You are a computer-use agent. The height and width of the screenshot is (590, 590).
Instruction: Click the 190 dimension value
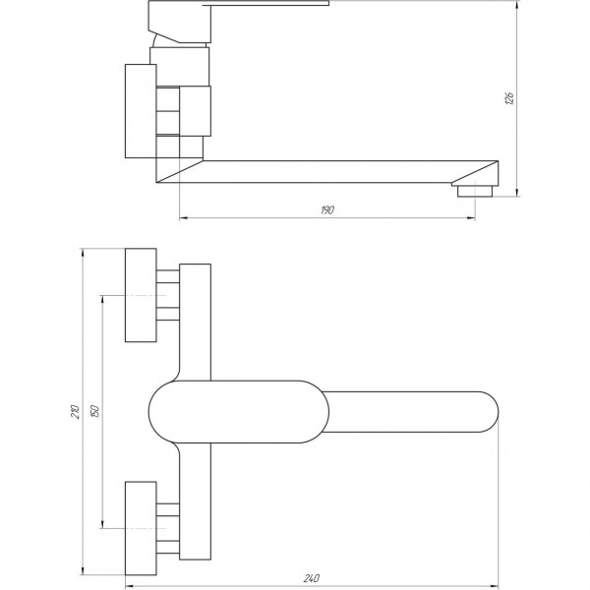pos(328,209)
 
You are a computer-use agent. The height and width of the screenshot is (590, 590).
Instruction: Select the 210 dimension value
pos(76,413)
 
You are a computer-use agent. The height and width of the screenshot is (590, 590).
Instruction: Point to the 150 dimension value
pos(95,414)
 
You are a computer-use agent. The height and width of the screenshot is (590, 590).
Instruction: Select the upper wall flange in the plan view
pos(142,295)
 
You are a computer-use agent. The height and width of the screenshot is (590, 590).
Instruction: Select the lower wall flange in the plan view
pos(142,529)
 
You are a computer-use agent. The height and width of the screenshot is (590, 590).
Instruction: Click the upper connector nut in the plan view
pos(167,295)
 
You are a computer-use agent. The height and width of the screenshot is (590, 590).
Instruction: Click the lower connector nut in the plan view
pos(167,529)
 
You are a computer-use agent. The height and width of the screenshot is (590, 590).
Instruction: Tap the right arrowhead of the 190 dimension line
pos(473,216)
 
